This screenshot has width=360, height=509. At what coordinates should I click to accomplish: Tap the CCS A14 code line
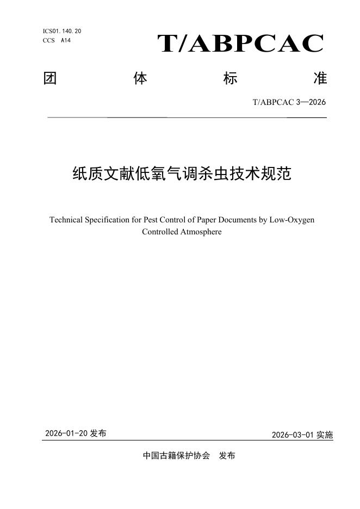tap(57, 40)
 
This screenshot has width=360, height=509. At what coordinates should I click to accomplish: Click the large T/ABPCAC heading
tap(240, 44)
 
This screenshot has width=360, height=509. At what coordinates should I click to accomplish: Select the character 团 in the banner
tap(50, 79)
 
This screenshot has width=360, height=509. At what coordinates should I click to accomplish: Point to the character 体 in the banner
tap(140, 79)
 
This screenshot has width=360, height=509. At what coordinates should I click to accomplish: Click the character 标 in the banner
tap(230, 79)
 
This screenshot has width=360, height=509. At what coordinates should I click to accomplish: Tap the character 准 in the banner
tap(320, 79)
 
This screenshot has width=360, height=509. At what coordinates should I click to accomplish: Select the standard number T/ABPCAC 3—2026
tap(289, 102)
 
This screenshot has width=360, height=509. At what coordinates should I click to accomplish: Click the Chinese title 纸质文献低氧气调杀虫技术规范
tap(182, 174)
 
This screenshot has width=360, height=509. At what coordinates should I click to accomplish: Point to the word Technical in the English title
tap(66, 220)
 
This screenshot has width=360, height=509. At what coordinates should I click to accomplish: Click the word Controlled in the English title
tap(160, 232)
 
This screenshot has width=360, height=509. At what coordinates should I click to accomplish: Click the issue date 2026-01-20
tap(66, 433)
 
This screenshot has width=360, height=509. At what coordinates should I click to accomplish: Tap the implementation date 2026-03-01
tap(293, 435)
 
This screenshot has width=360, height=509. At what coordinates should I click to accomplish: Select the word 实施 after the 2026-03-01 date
tap(325, 435)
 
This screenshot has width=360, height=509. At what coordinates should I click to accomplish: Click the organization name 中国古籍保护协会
tap(176, 456)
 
